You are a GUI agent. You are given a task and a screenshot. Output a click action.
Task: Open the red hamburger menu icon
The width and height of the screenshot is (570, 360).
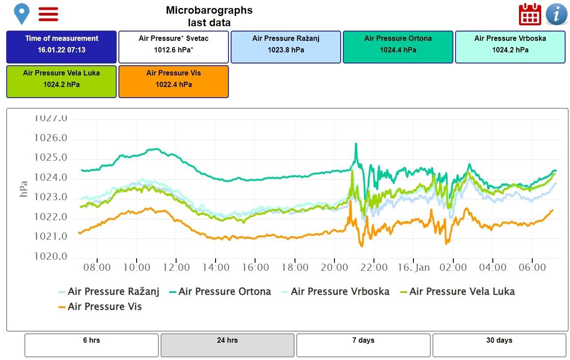[48, 14]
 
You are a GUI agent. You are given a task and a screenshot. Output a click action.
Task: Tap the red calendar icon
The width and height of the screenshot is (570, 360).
[530, 14]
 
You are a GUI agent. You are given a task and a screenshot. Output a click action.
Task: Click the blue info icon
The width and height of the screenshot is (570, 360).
[556, 14]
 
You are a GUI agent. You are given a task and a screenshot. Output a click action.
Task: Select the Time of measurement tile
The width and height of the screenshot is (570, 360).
[61, 47]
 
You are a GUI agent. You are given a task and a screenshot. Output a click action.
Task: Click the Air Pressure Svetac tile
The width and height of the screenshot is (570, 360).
[173, 47]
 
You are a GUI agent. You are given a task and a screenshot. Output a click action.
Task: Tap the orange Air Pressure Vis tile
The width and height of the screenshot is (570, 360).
[173, 81]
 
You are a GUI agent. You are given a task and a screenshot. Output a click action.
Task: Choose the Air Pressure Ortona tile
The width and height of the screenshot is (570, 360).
[398, 47]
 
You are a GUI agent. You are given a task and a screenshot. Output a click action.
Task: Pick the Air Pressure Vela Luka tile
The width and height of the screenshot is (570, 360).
[61, 81]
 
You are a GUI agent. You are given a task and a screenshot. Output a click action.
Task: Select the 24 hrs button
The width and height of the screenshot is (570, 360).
[227, 345]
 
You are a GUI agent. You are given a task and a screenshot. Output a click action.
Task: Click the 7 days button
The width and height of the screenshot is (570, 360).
[363, 345]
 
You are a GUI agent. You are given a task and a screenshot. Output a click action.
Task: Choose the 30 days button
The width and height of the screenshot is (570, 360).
[499, 345]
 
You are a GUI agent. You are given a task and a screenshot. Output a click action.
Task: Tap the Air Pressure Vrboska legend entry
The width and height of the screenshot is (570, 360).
[336, 292]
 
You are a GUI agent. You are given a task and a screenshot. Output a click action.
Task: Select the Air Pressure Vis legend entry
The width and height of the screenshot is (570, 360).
[100, 307]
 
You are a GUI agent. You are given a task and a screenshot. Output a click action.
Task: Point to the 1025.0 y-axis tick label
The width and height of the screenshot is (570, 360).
[51, 158]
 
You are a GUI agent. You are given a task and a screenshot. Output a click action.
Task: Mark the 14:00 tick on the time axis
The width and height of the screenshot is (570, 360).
[216, 268]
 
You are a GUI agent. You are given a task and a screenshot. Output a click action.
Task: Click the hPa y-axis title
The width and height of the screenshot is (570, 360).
[24, 189]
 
